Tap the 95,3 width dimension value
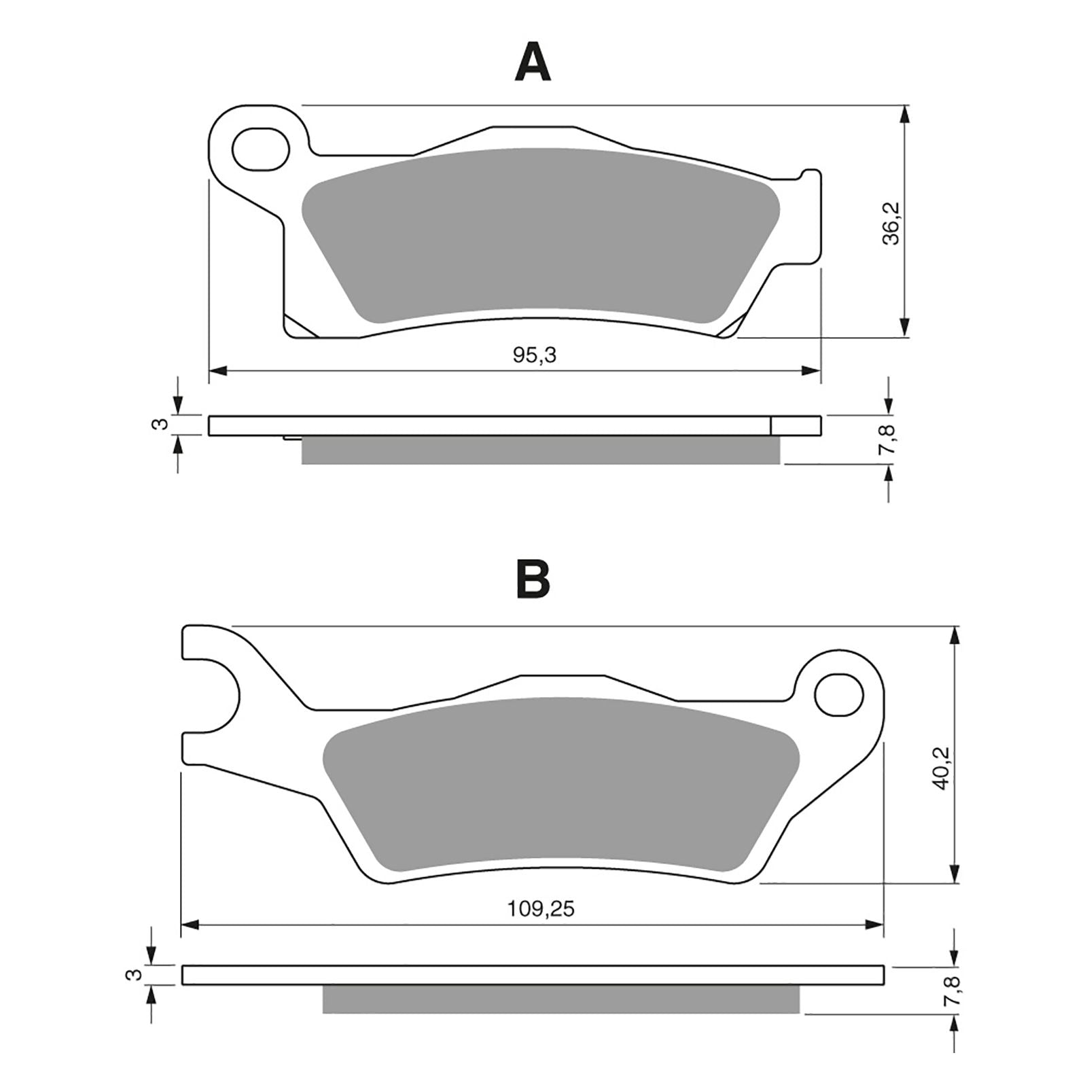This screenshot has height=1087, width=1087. (534, 355)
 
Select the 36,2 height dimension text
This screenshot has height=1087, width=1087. (890, 224)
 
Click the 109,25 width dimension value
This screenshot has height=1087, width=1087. (541, 909)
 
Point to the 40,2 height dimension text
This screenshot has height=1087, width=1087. (941, 768)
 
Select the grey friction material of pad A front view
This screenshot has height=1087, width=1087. (537, 234)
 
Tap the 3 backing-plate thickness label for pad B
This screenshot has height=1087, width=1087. (136, 975)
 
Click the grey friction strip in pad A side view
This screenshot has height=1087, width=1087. (540, 450)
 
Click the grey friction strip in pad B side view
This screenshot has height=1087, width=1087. (560, 999)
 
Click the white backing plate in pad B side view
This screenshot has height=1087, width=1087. (533, 974)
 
